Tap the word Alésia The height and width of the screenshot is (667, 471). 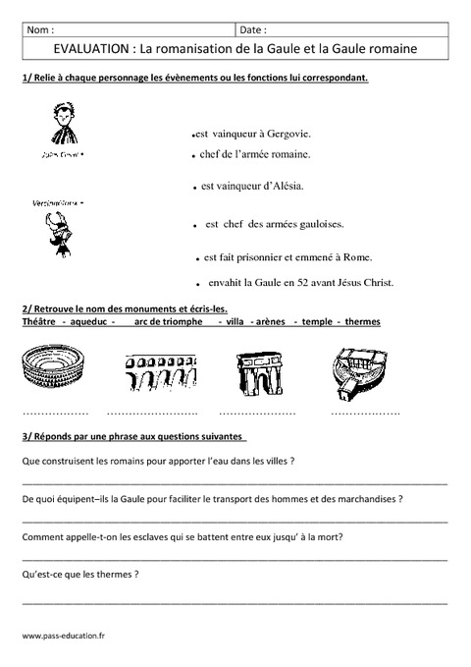click(x=285, y=185)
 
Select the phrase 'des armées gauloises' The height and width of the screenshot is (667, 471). click(x=293, y=225)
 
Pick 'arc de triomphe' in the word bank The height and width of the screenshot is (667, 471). click(x=169, y=321)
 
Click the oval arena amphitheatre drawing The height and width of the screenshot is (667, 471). click(x=52, y=375)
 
